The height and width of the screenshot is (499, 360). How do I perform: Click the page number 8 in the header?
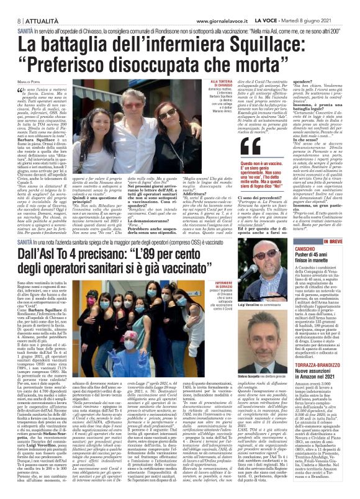pos(13,6)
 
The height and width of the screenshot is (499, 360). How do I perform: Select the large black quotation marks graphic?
pos(251,148)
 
